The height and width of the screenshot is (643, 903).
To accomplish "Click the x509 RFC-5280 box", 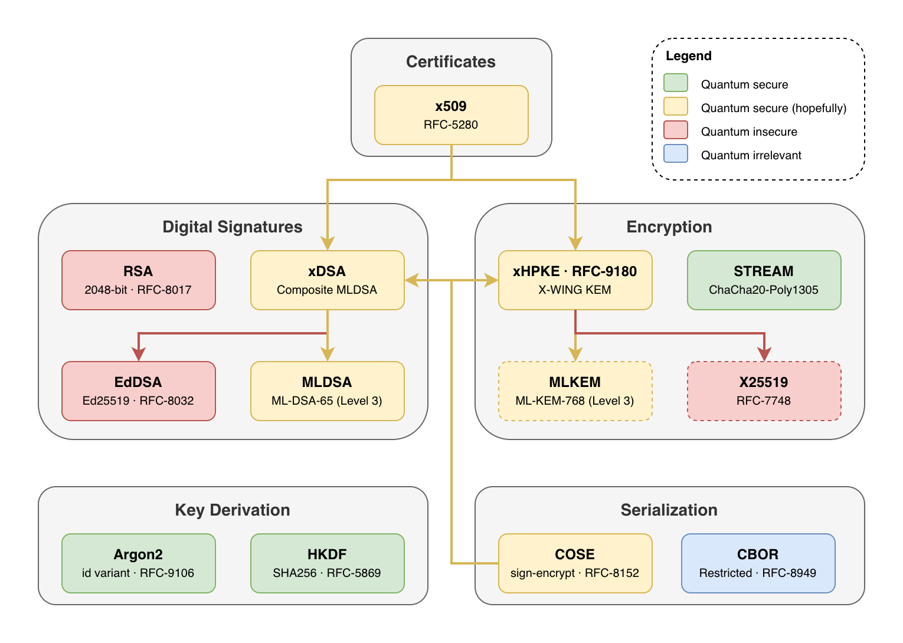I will [x=451, y=115].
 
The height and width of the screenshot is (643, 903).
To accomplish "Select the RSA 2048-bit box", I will [x=138, y=280].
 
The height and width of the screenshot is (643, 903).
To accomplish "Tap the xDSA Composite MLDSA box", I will [x=327, y=280].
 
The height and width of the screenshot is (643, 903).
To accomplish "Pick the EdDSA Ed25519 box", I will [x=138, y=391].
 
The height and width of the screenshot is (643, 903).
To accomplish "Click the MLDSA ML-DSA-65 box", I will [x=327, y=391].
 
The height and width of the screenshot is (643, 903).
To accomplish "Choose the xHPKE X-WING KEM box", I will [x=575, y=280].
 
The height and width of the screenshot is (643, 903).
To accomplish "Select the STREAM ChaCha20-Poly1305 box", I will [x=764, y=280].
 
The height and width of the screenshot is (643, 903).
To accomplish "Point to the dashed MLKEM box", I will [x=575, y=391].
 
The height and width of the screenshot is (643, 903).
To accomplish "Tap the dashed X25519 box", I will [x=764, y=391].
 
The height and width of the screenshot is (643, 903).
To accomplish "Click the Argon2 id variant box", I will [x=138, y=563].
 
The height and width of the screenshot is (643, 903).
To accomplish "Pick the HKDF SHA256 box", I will [x=327, y=563].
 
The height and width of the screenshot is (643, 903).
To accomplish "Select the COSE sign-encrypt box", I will [x=575, y=563].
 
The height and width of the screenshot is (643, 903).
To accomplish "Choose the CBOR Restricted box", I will [x=758, y=563].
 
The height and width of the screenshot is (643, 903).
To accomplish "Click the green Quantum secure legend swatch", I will [x=675, y=83].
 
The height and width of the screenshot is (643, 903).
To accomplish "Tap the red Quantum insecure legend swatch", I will [x=675, y=130].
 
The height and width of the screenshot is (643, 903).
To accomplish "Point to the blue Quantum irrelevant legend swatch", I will [x=675, y=153].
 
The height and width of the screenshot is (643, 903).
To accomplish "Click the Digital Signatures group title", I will [x=233, y=227].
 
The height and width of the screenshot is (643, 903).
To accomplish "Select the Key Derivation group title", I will [x=233, y=510].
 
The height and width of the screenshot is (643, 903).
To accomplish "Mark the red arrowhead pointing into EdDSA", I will [x=139, y=354].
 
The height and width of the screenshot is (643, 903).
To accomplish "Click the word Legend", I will [x=688, y=56].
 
